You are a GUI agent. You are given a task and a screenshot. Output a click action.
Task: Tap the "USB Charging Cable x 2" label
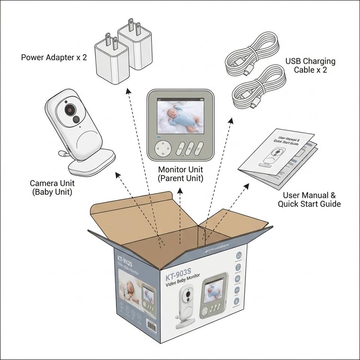click(310, 65)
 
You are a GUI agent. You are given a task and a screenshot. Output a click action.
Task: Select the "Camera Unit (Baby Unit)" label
click(52, 187)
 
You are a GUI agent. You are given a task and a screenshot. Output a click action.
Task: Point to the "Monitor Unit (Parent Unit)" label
click(180, 174)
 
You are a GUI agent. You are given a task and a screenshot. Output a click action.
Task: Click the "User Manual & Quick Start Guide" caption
click(309, 199)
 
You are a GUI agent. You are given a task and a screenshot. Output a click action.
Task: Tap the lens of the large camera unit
click(70, 110)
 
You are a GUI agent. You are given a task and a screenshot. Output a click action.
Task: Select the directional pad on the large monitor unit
click(162, 149)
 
